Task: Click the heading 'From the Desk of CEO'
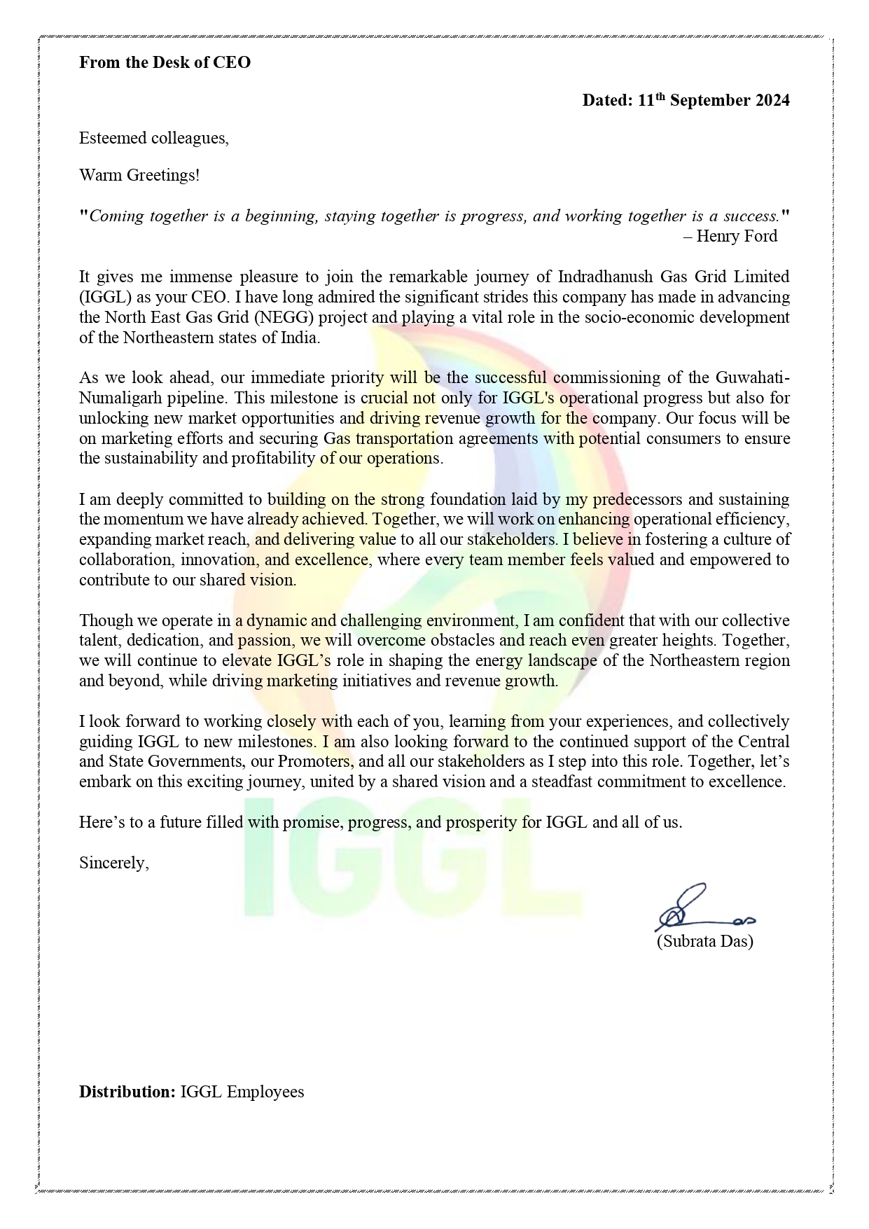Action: point(165,62)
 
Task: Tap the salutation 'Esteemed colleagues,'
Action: point(153,138)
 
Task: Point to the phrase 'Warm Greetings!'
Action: point(139,175)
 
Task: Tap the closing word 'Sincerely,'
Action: point(113,863)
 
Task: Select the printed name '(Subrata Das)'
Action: point(704,941)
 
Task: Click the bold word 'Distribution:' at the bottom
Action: point(127,1092)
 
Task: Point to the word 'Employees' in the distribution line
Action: point(266,1092)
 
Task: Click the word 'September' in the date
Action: point(708,101)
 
